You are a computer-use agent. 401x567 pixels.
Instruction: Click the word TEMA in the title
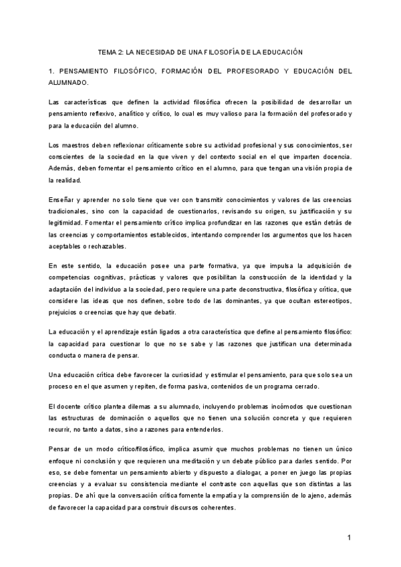(108, 51)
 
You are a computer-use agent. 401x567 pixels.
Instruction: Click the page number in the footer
(348, 538)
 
